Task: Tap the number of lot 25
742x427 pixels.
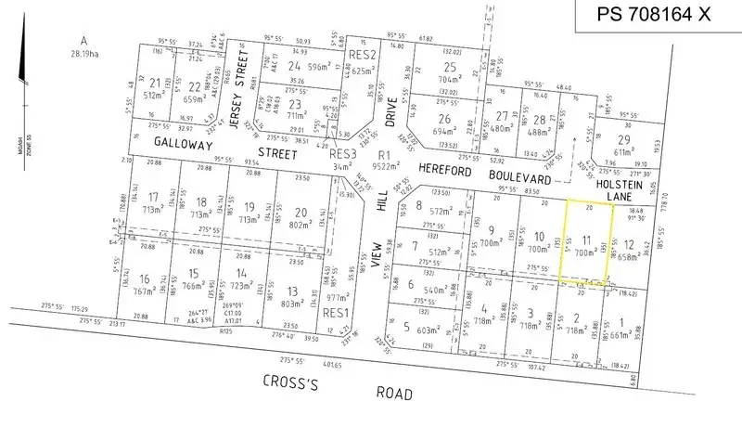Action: pos(451,68)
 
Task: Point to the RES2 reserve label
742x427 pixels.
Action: pos(361,55)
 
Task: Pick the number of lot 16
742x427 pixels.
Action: pos(145,278)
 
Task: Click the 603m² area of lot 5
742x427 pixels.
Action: pos(428,330)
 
